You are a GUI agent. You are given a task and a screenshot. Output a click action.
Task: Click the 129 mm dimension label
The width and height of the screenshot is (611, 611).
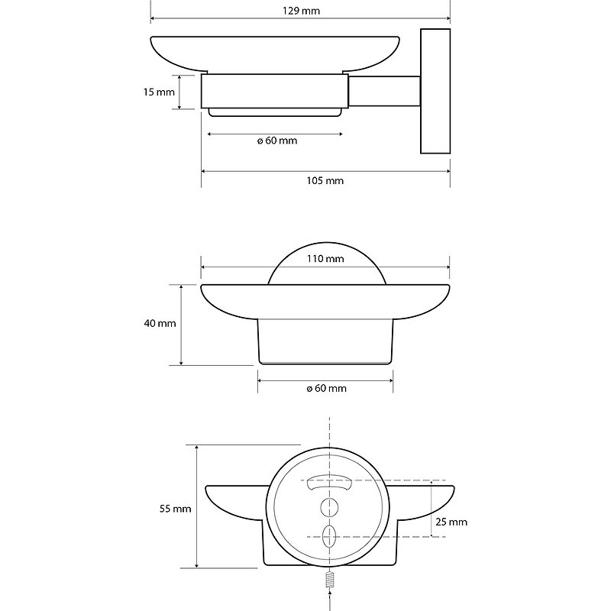301,11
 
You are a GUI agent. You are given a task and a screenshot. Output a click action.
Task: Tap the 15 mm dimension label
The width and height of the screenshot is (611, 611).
159,92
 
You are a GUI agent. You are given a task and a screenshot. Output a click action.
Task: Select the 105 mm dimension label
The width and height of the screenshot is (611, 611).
325,180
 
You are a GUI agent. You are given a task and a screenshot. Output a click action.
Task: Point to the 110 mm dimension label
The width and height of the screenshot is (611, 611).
325,258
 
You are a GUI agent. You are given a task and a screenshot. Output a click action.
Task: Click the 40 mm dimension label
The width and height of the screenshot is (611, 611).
160,323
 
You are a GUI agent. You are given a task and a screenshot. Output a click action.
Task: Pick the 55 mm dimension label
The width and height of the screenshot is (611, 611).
176,509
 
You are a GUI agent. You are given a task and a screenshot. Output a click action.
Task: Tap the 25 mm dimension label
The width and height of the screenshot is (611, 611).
451,522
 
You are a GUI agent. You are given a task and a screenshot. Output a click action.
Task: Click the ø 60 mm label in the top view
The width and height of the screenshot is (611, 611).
277,141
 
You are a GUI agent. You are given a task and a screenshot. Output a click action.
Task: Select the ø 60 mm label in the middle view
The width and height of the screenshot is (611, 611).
327,388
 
